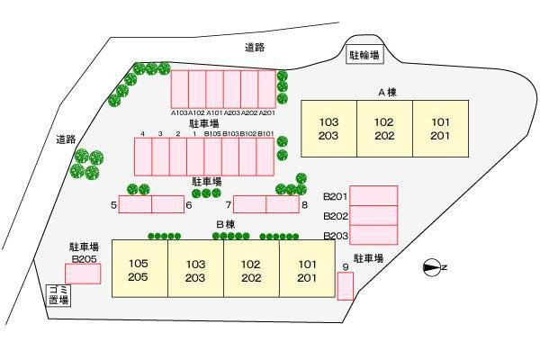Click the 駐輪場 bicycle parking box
[x=364, y=55]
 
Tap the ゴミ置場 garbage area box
[x=58, y=295]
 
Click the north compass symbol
[x=432, y=267]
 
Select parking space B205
[x=83, y=274]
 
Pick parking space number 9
[x=345, y=286]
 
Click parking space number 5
[x=135, y=204]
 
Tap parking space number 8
[x=283, y=204]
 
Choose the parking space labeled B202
[x=373, y=215]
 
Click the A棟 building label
[x=387, y=93]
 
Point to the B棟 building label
[x=226, y=225]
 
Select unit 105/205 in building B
[x=139, y=268]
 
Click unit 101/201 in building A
[x=440, y=129]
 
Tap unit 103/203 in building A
[x=328, y=129]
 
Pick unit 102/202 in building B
[x=251, y=268]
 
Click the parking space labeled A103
[x=180, y=89]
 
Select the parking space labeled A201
[x=266, y=89]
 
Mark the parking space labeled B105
[x=212, y=157]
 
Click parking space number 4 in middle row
[x=143, y=157]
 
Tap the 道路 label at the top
[x=255, y=48]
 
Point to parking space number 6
[x=167, y=204]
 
